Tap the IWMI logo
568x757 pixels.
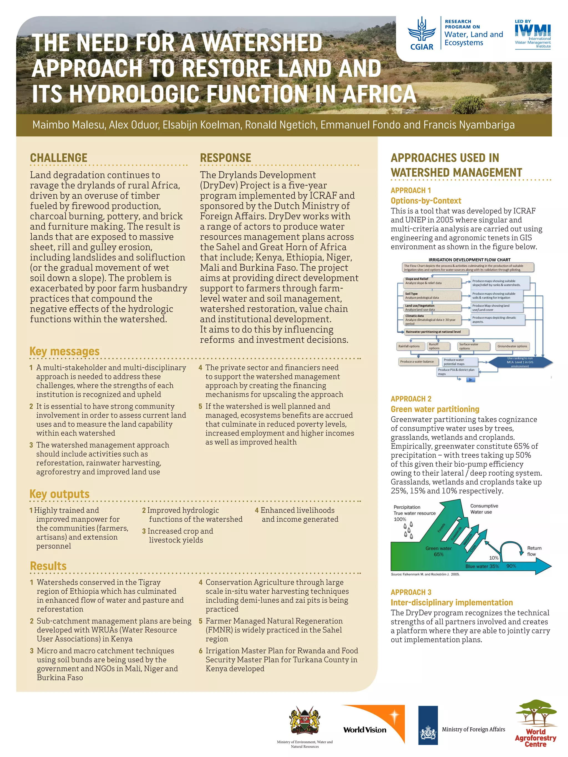[x=533, y=34]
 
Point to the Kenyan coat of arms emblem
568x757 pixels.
[x=305, y=721]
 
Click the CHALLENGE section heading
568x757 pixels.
[x=59, y=158]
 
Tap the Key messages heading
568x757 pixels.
[x=64, y=351]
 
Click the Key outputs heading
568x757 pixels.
[x=59, y=494]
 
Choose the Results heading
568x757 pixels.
[x=48, y=566]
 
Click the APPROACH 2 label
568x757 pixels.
[x=411, y=399]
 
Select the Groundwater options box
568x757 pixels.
[x=512, y=346]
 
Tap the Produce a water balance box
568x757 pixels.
[x=417, y=361]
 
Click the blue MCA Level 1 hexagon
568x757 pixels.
[x=520, y=362]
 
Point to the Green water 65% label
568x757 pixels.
[x=438, y=551]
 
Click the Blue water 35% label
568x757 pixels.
[x=482, y=566]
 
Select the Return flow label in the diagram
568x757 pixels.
[x=534, y=551]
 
